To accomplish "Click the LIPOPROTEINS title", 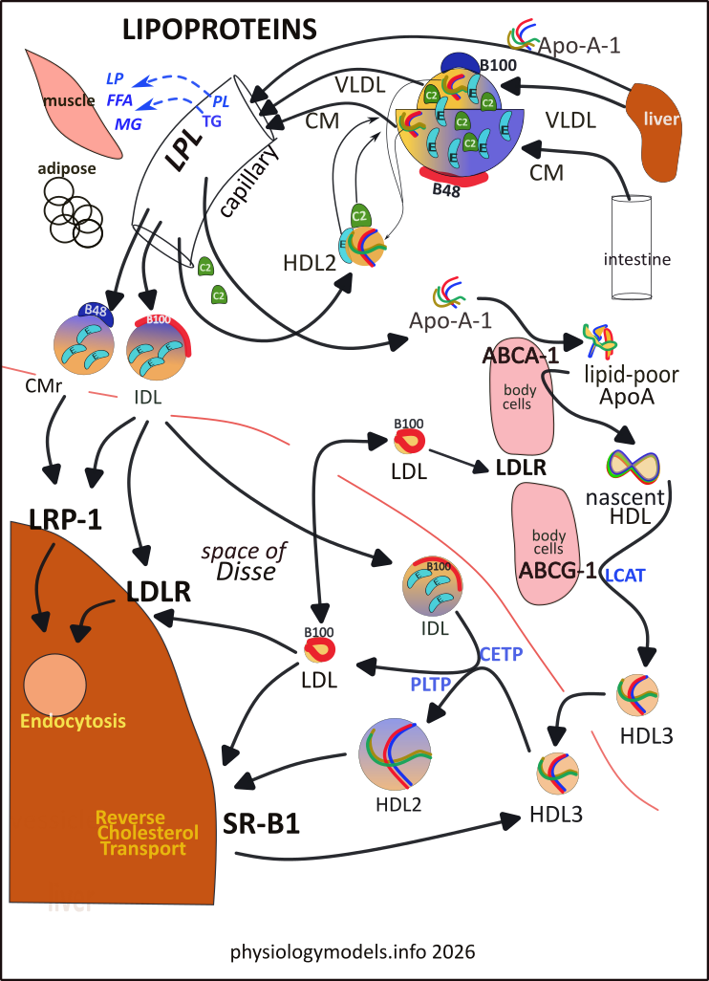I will click(x=219, y=31).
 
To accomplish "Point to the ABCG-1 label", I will click(x=557, y=572).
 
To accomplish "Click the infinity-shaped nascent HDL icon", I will click(x=632, y=465).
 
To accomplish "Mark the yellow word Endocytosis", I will click(x=75, y=719).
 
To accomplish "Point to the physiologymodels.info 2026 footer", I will click(x=353, y=953).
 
